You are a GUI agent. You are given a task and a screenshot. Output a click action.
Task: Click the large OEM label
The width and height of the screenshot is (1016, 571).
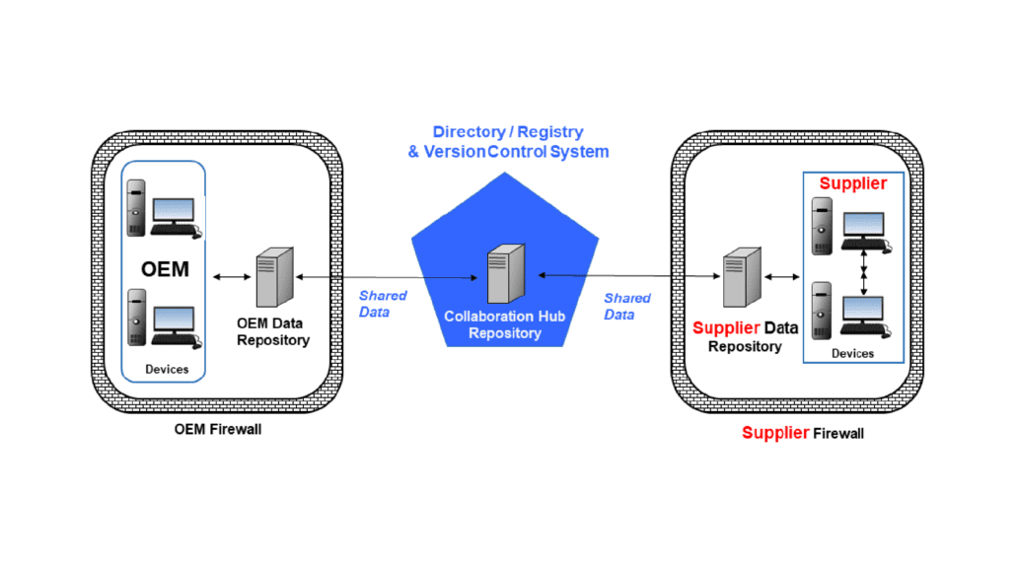coord(166,269)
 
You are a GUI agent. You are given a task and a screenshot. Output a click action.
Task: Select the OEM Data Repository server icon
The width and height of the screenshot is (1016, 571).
coord(275,277)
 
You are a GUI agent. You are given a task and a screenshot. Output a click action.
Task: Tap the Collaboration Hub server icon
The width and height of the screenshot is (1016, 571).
coord(506,273)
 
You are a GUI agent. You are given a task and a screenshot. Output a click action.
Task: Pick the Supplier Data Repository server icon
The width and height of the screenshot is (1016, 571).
coord(742,277)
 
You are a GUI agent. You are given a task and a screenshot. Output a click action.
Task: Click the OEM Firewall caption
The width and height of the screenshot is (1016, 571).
coord(218,429)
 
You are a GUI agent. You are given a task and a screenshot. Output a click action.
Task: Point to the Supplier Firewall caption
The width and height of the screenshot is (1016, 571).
coord(803,433)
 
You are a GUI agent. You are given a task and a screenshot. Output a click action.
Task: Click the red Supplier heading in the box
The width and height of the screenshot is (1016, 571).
coord(852,183)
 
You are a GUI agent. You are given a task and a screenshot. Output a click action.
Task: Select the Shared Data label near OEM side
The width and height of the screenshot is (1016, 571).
coord(383,304)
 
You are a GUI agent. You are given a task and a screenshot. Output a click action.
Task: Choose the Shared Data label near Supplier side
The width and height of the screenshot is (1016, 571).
coord(626,306)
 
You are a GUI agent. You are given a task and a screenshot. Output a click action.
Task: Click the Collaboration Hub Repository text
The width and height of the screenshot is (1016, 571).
coord(505,324)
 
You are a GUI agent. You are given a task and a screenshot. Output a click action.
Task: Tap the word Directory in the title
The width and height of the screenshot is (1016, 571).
coord(470,132)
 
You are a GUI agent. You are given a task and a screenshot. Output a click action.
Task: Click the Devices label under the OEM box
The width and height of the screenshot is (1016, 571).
coord(167,370)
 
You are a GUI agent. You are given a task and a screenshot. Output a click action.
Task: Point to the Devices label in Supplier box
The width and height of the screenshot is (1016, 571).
coord(852,354)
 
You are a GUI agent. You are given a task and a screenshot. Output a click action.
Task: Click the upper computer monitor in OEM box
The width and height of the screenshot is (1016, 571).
coord(174,211)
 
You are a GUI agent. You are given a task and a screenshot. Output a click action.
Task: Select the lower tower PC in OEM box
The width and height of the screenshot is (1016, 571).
coord(136,317)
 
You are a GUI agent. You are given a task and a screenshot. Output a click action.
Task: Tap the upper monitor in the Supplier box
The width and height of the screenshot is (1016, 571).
coord(864,225)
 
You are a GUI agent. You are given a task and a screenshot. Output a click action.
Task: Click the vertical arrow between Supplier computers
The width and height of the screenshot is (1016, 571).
coord(864,273)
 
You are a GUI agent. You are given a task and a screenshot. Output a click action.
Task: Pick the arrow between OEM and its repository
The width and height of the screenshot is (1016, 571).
coord(232,277)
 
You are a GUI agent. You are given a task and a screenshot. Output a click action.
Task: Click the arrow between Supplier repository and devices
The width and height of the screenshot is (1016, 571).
coord(782,277)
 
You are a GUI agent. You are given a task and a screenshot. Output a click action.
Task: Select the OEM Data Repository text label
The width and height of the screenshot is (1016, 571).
coord(273,331)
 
